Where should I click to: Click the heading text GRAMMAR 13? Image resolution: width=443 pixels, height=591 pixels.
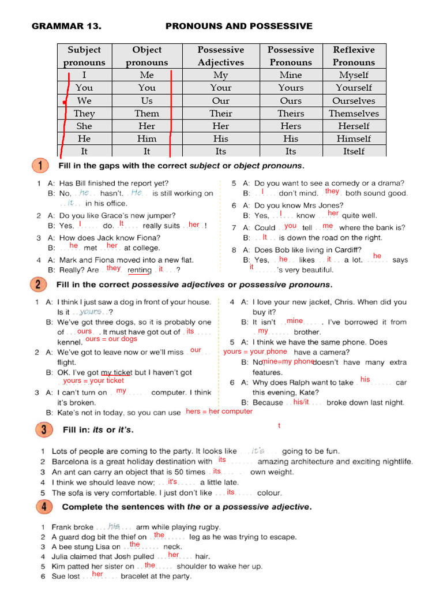tap(66, 26)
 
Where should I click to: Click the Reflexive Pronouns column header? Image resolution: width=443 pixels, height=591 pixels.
tap(354, 56)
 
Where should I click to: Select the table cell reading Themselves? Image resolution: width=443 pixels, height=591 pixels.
tap(354, 113)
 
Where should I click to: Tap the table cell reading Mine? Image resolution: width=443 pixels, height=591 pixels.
tap(290, 75)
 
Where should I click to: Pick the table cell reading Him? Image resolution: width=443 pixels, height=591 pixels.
tap(147, 139)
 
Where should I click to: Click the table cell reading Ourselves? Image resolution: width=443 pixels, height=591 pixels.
tap(354, 100)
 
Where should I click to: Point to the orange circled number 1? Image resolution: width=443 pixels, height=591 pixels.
tap(40, 166)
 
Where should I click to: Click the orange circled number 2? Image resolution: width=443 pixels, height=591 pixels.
tap(40, 284)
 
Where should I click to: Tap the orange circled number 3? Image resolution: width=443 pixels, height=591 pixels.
tap(40, 429)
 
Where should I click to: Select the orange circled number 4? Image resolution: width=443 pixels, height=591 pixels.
tap(40, 507)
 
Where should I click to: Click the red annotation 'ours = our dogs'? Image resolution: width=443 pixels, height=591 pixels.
tap(111, 339)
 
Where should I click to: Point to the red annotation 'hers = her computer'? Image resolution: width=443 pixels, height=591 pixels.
tap(219, 412)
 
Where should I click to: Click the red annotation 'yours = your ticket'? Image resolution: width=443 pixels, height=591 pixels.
tap(93, 381)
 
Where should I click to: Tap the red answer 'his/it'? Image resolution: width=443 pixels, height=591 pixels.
tap(301, 402)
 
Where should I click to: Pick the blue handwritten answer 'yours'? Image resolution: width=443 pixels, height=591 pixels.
tap(91, 312)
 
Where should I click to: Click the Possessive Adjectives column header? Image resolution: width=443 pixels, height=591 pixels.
tap(221, 56)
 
